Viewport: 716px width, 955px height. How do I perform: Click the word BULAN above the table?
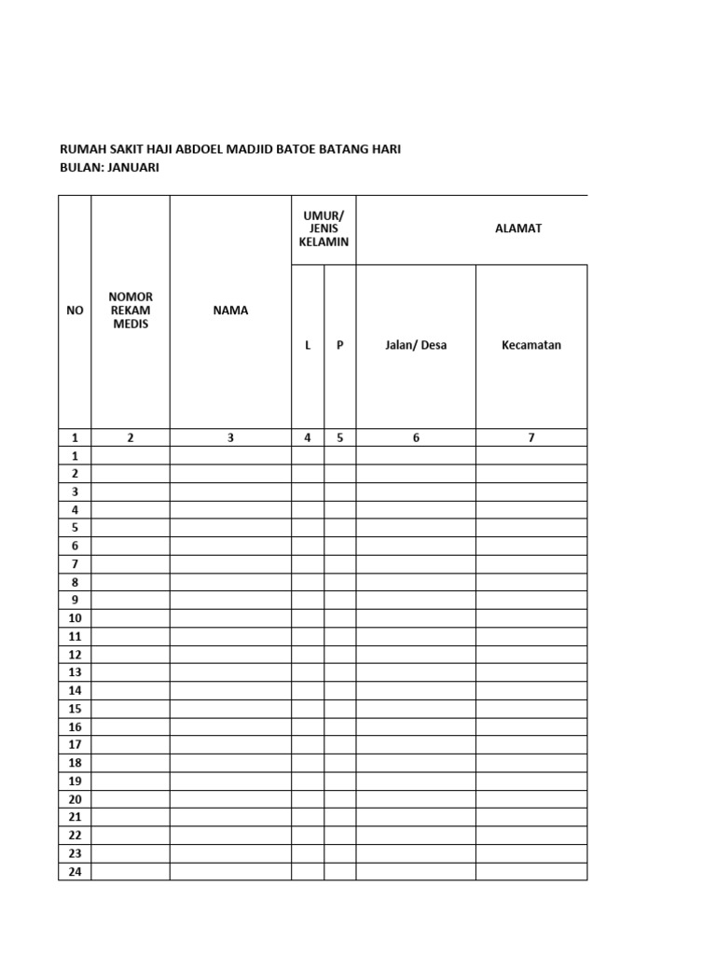(78, 167)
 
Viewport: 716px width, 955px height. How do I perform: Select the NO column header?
(75, 311)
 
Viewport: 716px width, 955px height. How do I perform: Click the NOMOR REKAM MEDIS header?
(131, 311)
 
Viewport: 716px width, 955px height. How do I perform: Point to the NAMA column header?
(230, 311)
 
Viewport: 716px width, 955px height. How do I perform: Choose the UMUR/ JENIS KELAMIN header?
(324, 228)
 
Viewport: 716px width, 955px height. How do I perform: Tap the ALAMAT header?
(518, 228)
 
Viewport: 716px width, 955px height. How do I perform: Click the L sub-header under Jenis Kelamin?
(308, 345)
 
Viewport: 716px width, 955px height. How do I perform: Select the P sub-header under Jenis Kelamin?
(340, 345)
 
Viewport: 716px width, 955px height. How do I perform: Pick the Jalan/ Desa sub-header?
(416, 345)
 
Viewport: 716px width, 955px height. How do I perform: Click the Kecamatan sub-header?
(531, 345)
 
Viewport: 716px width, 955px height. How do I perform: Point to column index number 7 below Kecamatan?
(531, 437)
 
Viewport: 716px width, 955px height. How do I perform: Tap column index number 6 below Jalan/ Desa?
(416, 437)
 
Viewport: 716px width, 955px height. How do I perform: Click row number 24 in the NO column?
(75, 872)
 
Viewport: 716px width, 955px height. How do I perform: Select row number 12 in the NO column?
(75, 655)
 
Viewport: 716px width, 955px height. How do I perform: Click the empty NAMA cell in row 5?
(230, 528)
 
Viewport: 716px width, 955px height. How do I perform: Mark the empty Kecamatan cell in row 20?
(531, 799)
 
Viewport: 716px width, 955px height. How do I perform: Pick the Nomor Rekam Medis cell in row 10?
(131, 618)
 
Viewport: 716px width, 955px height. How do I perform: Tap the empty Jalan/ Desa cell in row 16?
(416, 727)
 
